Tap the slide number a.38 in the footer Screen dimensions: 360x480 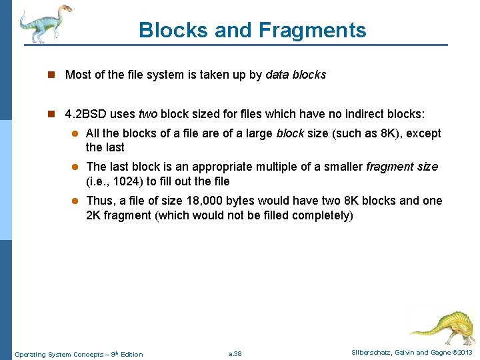235,353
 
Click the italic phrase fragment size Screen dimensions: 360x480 402,167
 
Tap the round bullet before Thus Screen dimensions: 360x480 75,201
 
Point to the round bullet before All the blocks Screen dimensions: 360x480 75,134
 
